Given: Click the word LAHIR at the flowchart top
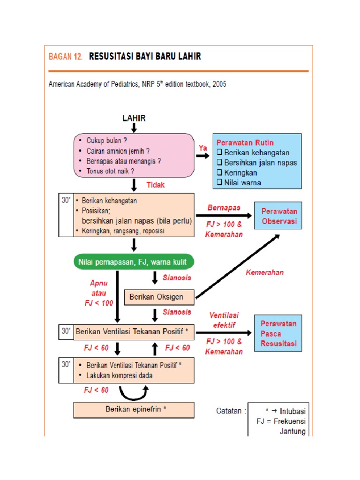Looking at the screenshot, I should (x=134, y=118).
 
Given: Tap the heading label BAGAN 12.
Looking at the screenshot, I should (x=66, y=57).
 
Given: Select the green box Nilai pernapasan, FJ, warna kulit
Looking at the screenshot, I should (x=134, y=262).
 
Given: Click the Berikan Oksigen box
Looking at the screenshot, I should (x=160, y=297).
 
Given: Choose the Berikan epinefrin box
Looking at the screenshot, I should (x=134, y=409).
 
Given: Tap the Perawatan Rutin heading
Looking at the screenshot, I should (x=245, y=142).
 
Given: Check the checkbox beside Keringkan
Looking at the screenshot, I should (x=219, y=173).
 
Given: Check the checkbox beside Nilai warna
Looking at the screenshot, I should (x=219, y=183).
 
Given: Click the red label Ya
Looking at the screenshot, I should (x=202, y=148).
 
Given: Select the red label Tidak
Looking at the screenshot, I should (x=156, y=185).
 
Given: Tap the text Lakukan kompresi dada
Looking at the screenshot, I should (x=119, y=375).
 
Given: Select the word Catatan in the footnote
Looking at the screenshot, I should (x=228, y=411).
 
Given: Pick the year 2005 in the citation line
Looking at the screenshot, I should (x=218, y=84).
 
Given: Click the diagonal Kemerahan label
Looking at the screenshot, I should (x=264, y=272).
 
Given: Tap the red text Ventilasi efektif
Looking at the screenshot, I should (x=223, y=320).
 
